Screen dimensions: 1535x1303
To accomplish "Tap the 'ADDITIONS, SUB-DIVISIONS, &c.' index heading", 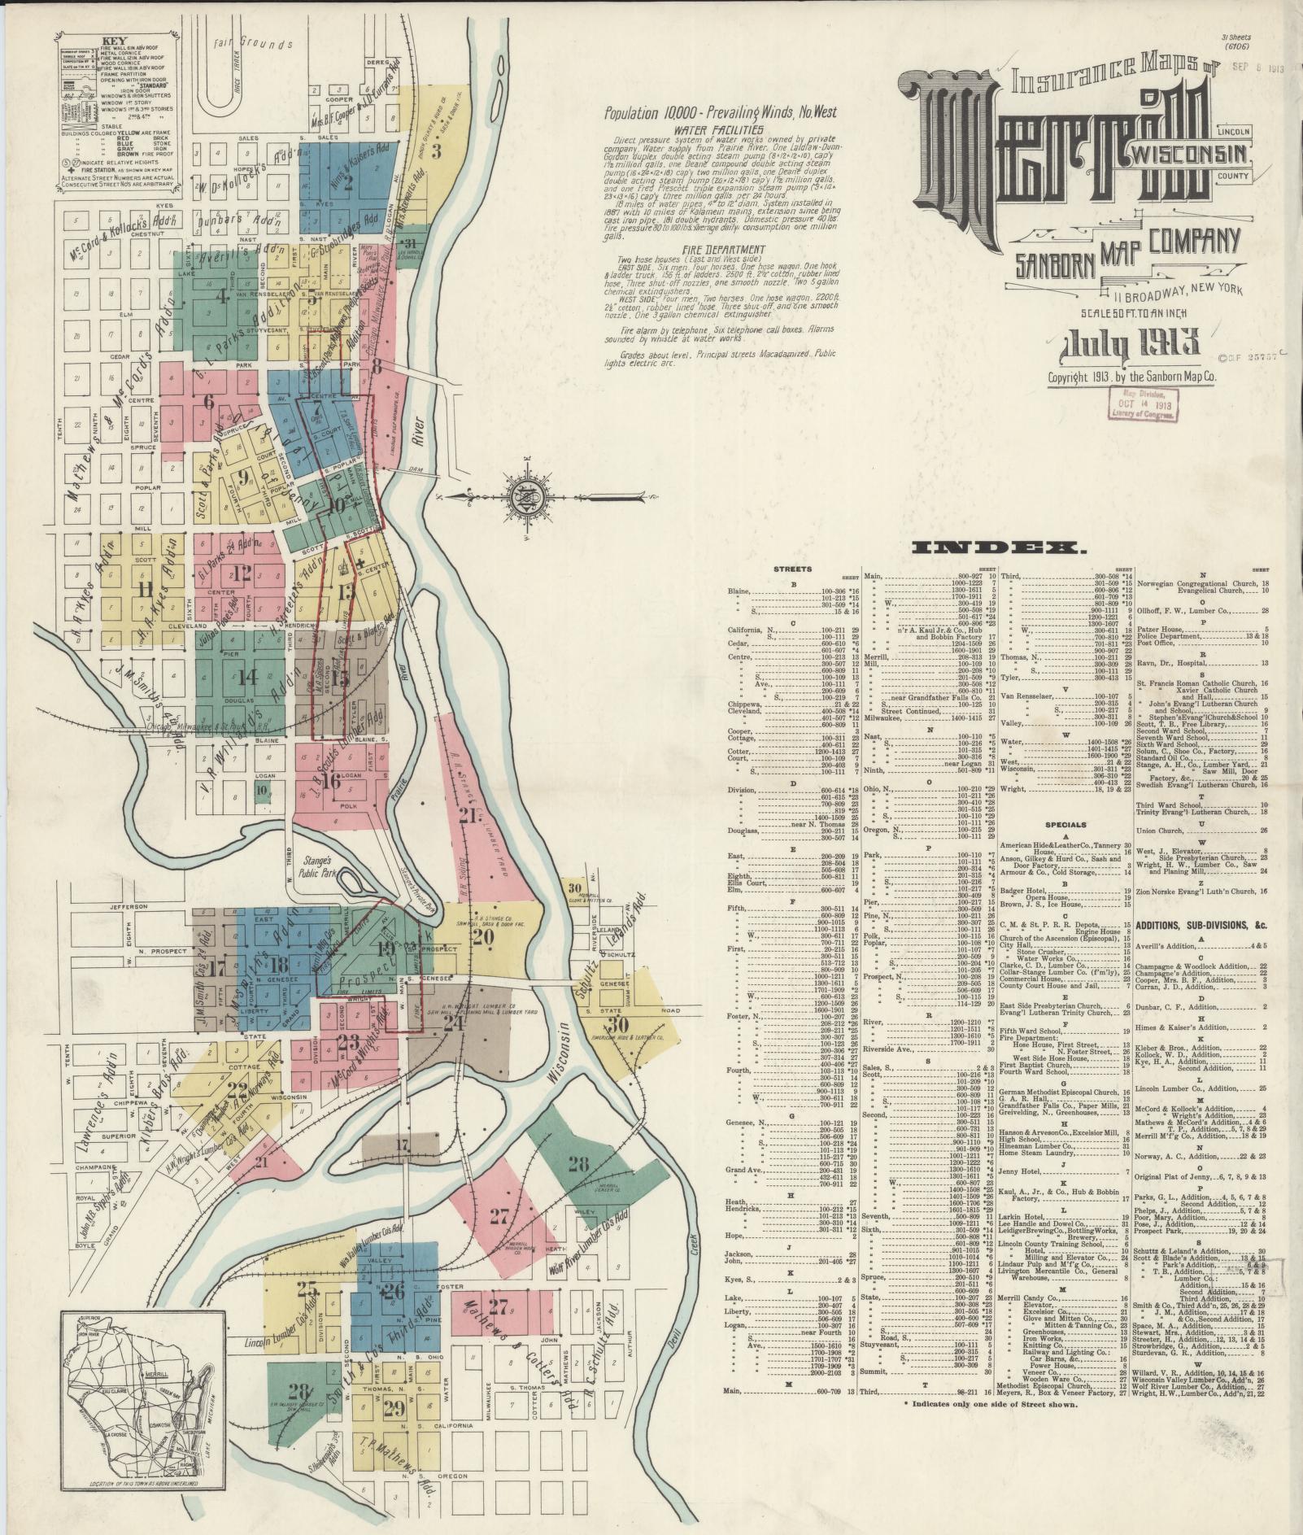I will [x=1202, y=926].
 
